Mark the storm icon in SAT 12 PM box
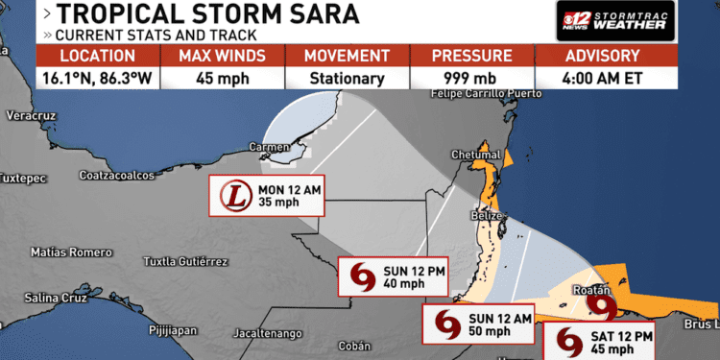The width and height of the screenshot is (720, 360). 570,342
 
